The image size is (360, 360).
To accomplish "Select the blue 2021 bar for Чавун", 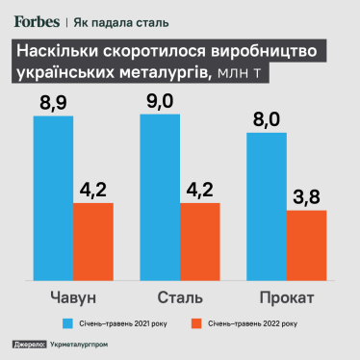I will (x=53, y=197).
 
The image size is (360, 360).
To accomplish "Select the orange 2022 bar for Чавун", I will (x=93, y=241).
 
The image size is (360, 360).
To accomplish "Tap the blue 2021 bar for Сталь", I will (x=160, y=197).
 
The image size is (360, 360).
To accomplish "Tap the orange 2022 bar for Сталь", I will (x=200, y=241).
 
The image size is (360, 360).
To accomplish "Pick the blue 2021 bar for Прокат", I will (x=267, y=205).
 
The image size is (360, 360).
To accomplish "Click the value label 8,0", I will (x=267, y=118).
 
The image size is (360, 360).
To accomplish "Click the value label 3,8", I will (x=307, y=196).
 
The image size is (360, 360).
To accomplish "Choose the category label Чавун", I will (x=73, y=295).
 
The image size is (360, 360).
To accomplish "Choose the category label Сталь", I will (x=180, y=295).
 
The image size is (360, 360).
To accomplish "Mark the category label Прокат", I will (x=287, y=295).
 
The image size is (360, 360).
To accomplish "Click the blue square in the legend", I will (x=68, y=322).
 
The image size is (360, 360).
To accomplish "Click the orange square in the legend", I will (x=198, y=322).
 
